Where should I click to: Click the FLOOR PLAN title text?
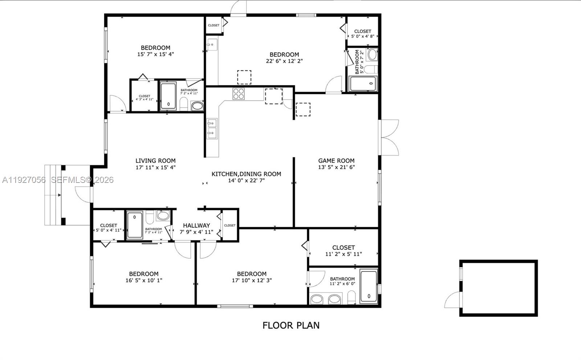(x=291, y=325)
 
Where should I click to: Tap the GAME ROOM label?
(x=336, y=160)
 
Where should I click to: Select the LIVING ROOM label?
(x=155, y=160)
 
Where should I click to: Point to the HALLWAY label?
(x=196, y=225)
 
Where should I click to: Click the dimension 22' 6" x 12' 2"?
(x=284, y=61)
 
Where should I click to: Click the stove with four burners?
(x=239, y=94)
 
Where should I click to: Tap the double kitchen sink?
(x=211, y=128)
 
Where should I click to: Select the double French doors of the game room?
(x=389, y=137)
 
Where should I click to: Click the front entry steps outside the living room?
(x=53, y=195)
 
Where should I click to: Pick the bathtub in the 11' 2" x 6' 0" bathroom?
(x=368, y=286)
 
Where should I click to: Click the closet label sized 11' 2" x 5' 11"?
(x=343, y=247)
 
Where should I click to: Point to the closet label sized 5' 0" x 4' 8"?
(x=362, y=31)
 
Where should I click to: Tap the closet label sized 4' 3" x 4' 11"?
(x=144, y=96)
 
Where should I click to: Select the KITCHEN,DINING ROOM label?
(x=246, y=174)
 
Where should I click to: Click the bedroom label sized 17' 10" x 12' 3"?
(x=252, y=274)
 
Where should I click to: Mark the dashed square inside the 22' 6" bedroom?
(x=244, y=77)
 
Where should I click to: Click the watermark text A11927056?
(x=24, y=180)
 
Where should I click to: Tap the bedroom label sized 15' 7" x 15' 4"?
(x=155, y=48)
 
